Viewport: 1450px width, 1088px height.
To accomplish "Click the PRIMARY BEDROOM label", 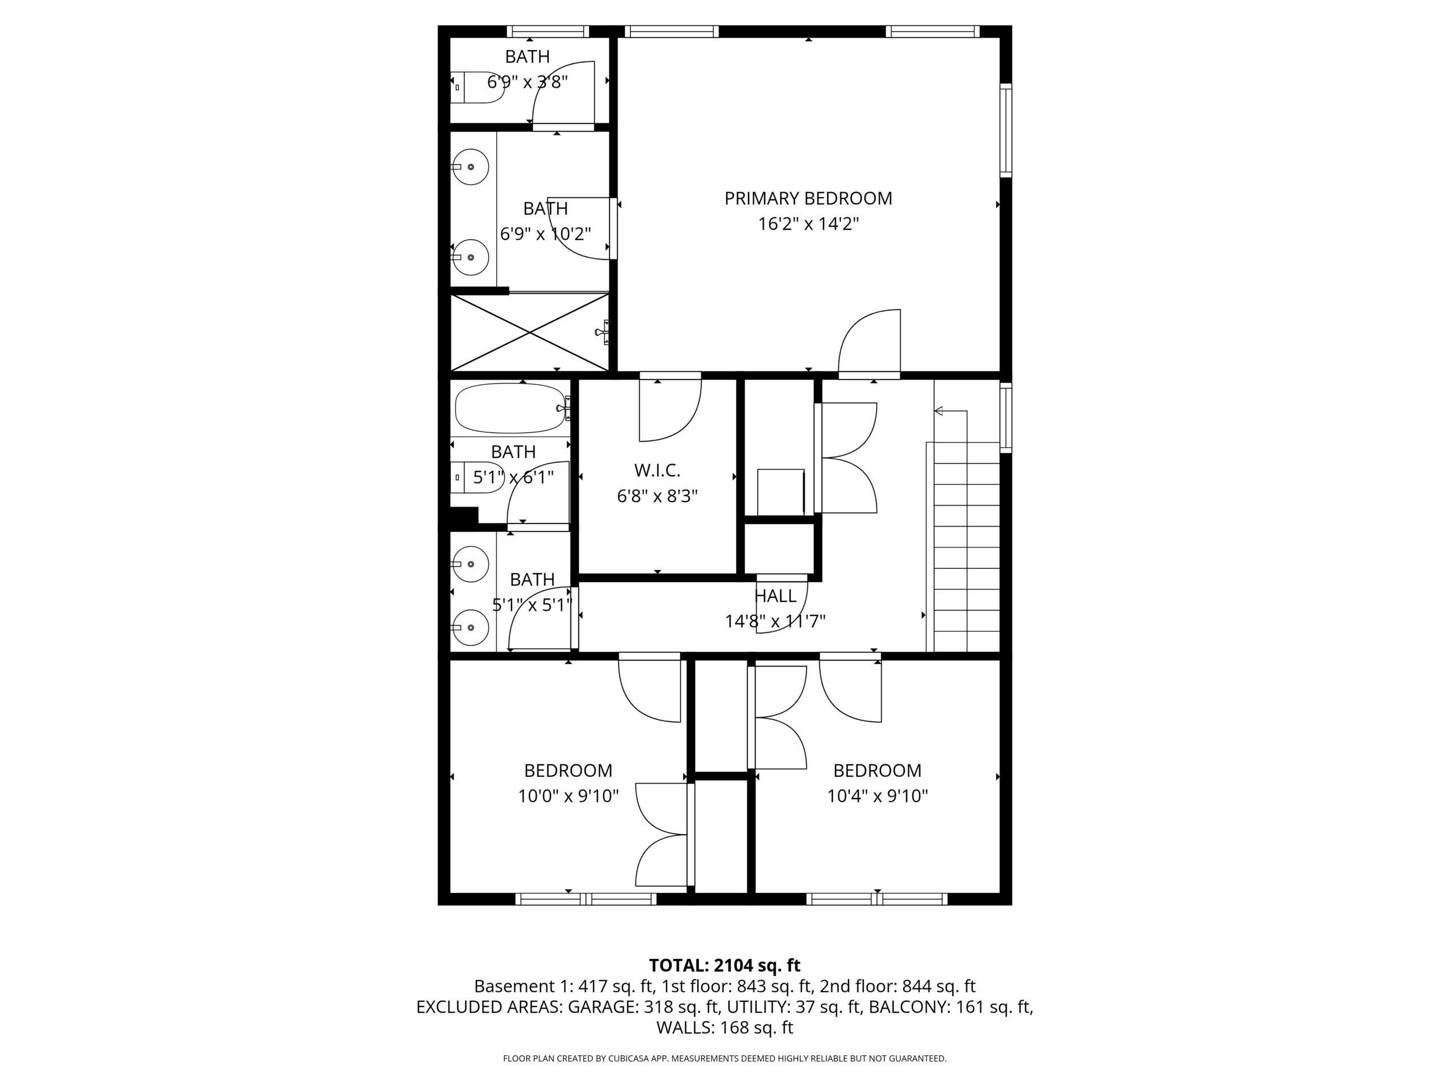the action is [808, 198].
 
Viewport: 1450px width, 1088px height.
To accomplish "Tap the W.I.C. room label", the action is [657, 470].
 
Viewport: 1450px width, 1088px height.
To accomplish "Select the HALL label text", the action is [775, 596].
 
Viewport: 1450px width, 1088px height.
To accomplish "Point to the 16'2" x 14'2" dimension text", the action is [808, 224].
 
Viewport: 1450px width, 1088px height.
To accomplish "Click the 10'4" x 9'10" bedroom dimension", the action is [877, 796].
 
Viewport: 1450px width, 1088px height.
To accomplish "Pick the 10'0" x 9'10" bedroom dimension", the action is [568, 796].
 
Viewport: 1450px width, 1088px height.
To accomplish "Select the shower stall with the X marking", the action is [530, 333].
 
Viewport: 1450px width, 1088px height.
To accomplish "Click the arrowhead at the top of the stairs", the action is [938, 411].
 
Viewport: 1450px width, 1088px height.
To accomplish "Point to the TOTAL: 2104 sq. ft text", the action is [724, 966].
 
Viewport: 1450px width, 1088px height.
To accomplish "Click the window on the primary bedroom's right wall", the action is [1005, 130].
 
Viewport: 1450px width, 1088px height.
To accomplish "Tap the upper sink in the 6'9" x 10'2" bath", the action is [471, 167].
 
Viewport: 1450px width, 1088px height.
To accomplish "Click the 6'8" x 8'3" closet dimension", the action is [657, 496].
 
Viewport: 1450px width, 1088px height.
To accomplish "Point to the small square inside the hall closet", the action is [781, 492].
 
